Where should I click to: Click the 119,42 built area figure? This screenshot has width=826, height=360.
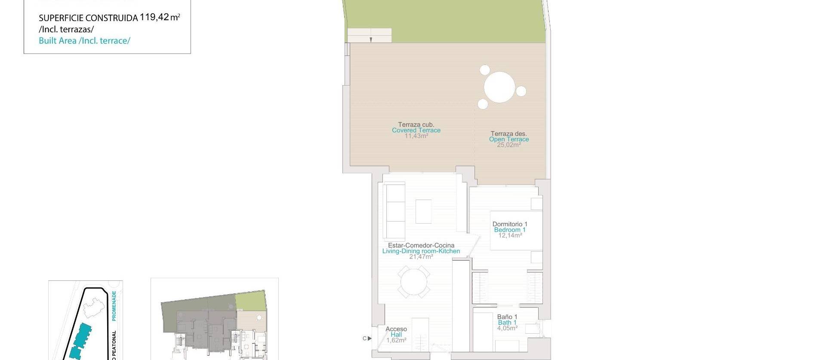(154, 17)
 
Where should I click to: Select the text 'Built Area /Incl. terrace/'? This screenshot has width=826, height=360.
(84, 41)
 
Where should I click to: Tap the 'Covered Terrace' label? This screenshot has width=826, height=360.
(416, 130)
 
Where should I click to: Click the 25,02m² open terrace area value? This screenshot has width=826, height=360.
(509, 145)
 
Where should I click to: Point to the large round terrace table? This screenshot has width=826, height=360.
(499, 87)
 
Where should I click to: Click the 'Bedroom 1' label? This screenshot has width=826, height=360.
(510, 230)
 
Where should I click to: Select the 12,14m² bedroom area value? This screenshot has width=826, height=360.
(510, 236)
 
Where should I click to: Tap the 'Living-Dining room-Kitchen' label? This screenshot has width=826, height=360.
(421, 251)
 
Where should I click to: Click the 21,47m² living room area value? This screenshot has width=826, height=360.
(421, 257)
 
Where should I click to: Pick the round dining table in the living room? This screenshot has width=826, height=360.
(413, 282)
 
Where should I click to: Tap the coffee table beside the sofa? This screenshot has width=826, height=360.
(423, 211)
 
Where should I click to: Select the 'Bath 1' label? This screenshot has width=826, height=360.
(507, 323)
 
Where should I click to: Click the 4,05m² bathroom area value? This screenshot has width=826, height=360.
(507, 328)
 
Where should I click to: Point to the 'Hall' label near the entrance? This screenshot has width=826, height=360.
(396, 335)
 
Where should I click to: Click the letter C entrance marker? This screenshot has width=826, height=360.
(364, 338)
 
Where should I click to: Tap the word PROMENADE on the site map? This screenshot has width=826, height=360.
(114, 306)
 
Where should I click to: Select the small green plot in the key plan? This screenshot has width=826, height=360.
(250, 301)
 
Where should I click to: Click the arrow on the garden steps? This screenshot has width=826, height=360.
(370, 40)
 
